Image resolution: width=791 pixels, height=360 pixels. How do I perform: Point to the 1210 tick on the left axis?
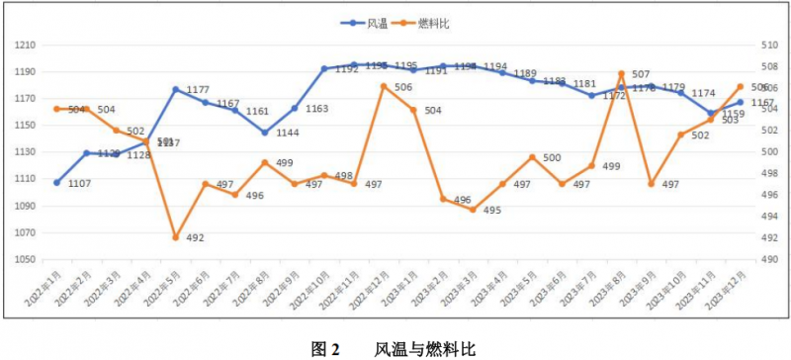26,45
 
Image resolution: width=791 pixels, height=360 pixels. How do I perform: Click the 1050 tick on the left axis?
26,259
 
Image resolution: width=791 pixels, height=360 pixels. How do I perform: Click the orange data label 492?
196,238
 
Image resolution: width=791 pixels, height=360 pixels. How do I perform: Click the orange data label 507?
641,75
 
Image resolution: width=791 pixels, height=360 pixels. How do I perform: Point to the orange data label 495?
492,211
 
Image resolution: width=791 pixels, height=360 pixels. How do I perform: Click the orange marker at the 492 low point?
176,237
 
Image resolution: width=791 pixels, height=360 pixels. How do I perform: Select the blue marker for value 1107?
57,183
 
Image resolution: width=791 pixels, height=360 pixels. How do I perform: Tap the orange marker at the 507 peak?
621,74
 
